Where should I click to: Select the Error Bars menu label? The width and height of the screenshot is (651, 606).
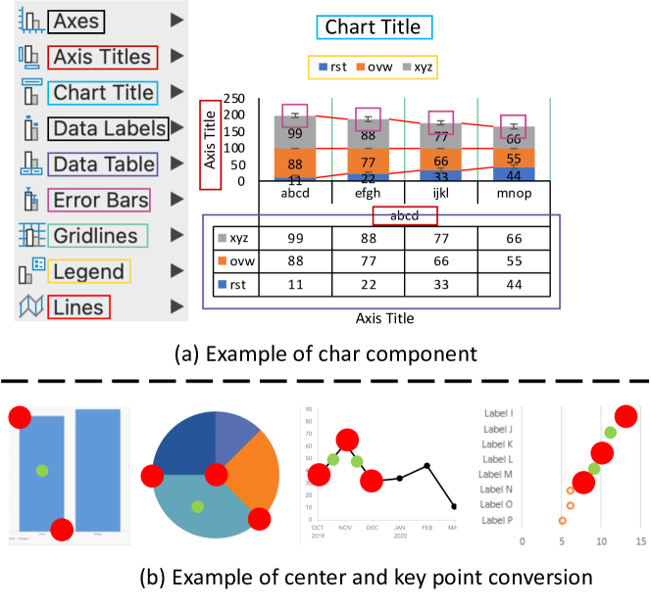click(99, 201)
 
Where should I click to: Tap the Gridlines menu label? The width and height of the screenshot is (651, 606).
click(97, 236)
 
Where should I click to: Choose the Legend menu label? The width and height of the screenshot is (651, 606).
click(90, 272)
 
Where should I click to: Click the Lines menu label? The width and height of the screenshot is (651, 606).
click(79, 307)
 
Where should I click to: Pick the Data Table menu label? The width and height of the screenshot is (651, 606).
click(103, 164)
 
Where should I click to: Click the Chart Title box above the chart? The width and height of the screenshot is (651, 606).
click(374, 26)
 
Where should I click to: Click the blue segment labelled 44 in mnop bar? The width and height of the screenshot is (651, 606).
click(514, 175)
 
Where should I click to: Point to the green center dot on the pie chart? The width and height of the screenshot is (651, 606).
click(198, 506)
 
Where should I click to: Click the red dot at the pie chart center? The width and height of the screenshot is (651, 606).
click(216, 476)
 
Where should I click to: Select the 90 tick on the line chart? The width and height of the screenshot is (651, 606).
click(309, 411)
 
